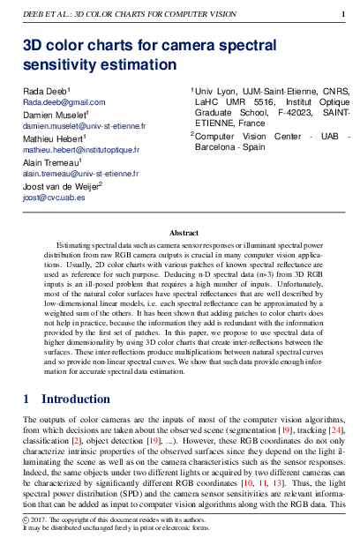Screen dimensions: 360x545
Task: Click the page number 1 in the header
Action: (343, 14)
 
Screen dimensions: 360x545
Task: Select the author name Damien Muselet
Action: (54, 115)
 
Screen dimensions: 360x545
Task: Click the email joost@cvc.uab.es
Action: (54, 198)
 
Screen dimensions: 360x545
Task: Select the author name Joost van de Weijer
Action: (61, 186)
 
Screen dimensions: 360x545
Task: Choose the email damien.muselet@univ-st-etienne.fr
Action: (85, 126)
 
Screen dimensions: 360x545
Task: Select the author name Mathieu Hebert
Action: (52, 138)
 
